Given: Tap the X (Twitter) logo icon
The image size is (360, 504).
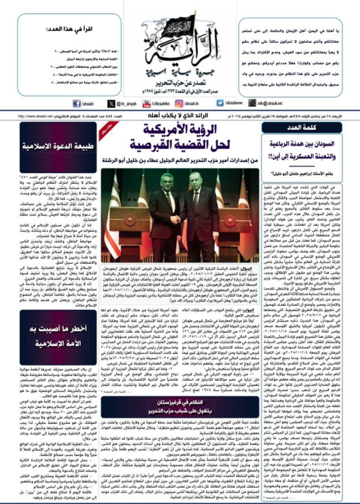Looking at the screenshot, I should tap(111, 104).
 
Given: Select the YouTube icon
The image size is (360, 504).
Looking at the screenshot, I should tap(142, 104).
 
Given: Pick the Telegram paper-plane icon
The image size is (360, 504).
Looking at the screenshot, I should tap(220, 103).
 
